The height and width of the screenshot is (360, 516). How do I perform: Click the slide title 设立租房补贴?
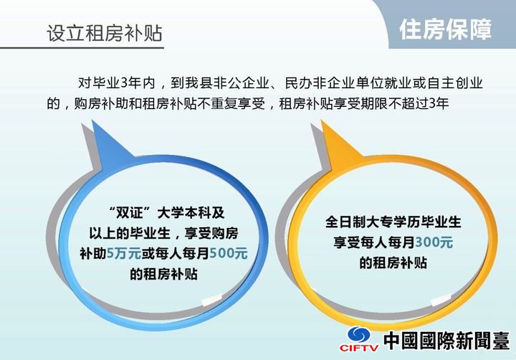[x=105, y=33]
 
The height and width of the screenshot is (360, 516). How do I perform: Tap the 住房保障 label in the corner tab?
[x=446, y=29]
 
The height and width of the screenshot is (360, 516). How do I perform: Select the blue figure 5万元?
[x=124, y=254]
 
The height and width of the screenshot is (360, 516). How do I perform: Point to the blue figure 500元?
[x=229, y=254]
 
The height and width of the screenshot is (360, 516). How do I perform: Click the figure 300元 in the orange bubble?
[x=434, y=242]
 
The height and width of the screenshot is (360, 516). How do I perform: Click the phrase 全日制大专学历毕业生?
[x=393, y=222]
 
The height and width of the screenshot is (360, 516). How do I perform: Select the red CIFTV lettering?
[x=359, y=348]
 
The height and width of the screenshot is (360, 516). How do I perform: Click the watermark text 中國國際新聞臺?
[x=446, y=340]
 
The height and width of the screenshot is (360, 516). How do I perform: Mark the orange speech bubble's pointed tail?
[x=322, y=121]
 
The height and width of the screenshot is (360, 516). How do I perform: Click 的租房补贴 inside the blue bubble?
[x=163, y=274]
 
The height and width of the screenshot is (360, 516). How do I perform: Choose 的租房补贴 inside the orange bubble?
[x=393, y=263]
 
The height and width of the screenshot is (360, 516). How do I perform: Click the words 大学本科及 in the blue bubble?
[x=191, y=212]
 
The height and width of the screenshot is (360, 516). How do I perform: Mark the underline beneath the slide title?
[x=82, y=48]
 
